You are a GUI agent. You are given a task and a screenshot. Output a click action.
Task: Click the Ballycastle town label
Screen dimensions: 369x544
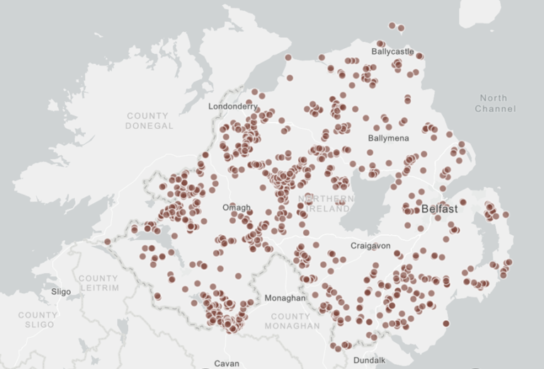pyautogui.click(x=392, y=52)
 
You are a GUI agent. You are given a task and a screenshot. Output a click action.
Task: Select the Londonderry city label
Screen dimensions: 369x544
pyautogui.click(x=233, y=106)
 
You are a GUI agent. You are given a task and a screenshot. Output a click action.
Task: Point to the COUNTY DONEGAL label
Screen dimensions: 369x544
pyautogui.click(x=148, y=120)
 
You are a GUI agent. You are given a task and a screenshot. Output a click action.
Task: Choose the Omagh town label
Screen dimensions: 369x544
pyautogui.click(x=237, y=208)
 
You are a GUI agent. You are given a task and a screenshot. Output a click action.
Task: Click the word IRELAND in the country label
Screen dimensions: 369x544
pyautogui.click(x=328, y=210)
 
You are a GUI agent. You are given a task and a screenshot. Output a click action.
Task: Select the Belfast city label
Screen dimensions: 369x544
pyautogui.click(x=439, y=210)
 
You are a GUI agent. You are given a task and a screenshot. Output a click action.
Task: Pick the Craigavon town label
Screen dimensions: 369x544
pyautogui.click(x=370, y=245)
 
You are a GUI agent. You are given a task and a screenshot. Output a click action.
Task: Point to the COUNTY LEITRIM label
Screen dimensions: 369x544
pyautogui.click(x=98, y=283)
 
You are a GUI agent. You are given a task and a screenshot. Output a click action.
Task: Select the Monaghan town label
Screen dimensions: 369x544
pyautogui.click(x=285, y=299)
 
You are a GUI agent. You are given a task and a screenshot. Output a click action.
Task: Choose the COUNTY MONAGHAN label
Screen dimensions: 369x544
pyautogui.click(x=292, y=321)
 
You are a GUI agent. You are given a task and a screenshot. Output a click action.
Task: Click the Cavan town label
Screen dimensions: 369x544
pyautogui.click(x=227, y=363)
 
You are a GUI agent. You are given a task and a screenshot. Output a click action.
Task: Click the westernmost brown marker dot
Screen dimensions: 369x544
pyautogui.click(x=108, y=242)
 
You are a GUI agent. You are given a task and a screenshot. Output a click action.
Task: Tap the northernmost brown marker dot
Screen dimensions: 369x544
pyautogui.click(x=392, y=25)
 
